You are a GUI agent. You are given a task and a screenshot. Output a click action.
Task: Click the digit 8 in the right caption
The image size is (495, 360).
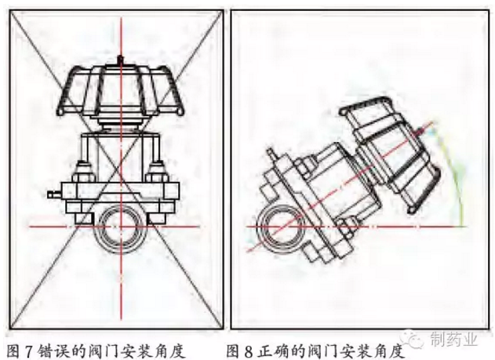(249, 351)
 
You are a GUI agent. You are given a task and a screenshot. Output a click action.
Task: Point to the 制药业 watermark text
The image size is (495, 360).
(453, 340)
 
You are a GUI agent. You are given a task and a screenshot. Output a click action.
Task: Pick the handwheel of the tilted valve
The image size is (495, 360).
(391, 155)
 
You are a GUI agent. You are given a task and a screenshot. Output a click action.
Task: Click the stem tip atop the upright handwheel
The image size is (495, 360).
(120, 59)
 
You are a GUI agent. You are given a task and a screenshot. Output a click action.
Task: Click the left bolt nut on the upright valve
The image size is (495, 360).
(85, 172)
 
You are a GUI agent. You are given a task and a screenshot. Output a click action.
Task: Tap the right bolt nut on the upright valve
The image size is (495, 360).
(157, 172)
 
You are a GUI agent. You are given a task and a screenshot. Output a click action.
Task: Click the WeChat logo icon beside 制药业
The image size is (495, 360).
(415, 339)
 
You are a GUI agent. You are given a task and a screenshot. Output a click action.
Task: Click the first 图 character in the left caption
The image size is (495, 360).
(13, 351)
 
